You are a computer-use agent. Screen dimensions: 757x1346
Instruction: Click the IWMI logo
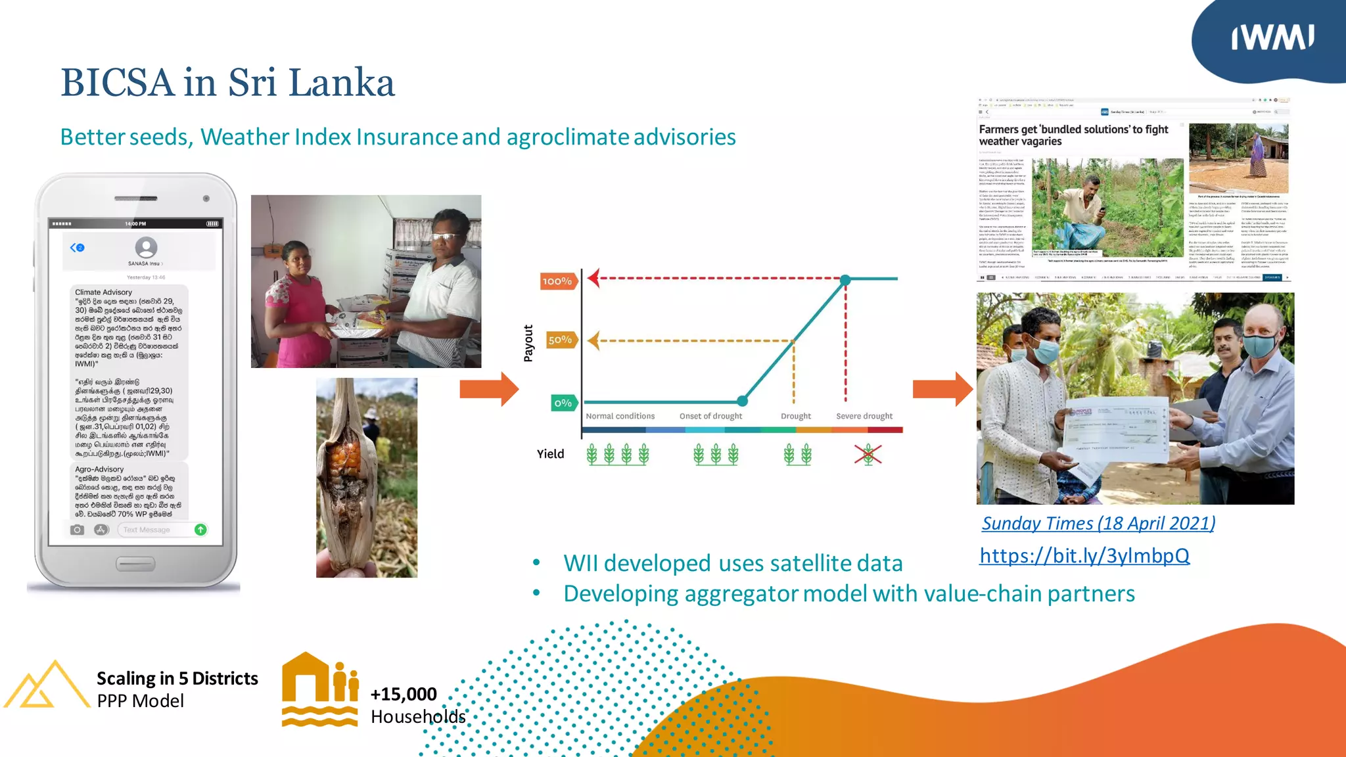pyautogui.click(x=1272, y=37)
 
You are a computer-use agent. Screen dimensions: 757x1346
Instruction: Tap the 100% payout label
pyautogui.click(x=557, y=281)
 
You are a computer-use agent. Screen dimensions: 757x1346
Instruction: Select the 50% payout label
pyautogui.click(x=560, y=340)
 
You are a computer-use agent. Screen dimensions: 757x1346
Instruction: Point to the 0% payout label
pyautogui.click(x=563, y=403)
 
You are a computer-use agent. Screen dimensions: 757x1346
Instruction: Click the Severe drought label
pyautogui.click(x=864, y=416)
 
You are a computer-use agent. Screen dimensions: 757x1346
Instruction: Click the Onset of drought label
pyautogui.click(x=710, y=416)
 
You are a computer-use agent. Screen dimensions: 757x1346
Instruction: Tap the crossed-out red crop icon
pyautogui.click(x=868, y=454)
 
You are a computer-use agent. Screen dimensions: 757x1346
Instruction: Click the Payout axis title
pyautogui.click(x=528, y=343)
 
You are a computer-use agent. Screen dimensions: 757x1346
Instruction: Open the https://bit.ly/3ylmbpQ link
pyautogui.click(x=1084, y=556)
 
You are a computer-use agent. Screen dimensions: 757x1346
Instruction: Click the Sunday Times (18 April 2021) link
pyautogui.click(x=1098, y=523)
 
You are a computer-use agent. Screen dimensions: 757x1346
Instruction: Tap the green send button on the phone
pyautogui.click(x=201, y=530)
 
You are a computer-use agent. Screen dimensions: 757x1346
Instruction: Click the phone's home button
pyautogui.click(x=135, y=564)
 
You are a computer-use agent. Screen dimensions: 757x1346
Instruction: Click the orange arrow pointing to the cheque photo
pyautogui.click(x=942, y=389)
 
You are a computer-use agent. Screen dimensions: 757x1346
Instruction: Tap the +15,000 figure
pyautogui.click(x=404, y=694)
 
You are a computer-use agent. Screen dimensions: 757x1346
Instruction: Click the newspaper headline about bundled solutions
pyautogui.click(x=1073, y=135)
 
